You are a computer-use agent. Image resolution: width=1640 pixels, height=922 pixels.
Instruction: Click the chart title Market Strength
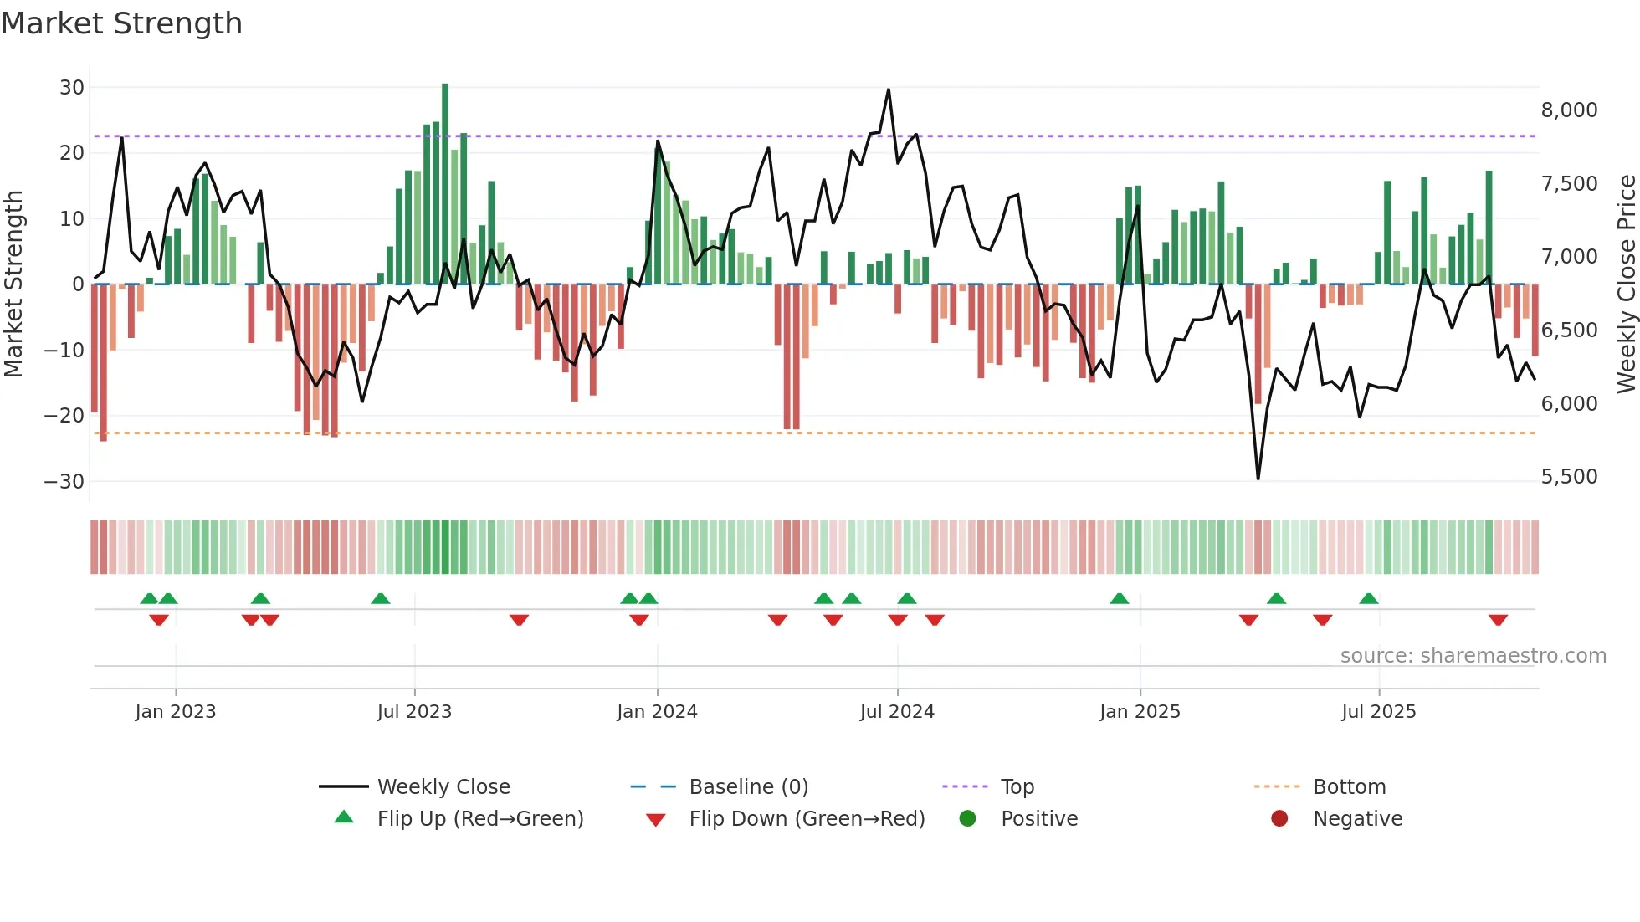pos(121,23)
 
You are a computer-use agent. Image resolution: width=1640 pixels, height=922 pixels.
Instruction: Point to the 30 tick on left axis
pos(72,88)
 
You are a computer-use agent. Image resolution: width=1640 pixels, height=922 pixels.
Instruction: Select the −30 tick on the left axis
pos(64,481)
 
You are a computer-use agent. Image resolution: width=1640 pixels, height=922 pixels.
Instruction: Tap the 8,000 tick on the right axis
pos(1569,110)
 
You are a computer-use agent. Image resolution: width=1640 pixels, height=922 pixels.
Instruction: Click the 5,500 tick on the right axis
pos(1569,477)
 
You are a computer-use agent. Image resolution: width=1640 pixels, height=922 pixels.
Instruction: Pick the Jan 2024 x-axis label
pos(657,712)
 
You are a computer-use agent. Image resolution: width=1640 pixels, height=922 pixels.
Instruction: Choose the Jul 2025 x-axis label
pos(1378,712)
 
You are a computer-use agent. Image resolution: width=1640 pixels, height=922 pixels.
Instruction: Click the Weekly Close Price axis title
pos(1626,284)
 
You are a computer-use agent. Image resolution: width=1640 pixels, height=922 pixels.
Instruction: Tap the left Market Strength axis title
pos(13,284)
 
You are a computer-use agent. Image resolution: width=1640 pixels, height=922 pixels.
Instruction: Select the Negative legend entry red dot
pos(1279,819)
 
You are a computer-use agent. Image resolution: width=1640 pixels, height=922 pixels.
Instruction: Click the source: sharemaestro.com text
pos(1473,656)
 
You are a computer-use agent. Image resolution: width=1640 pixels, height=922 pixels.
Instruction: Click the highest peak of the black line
pos(889,90)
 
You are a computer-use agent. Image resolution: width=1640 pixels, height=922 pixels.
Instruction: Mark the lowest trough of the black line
pos(1258,479)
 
